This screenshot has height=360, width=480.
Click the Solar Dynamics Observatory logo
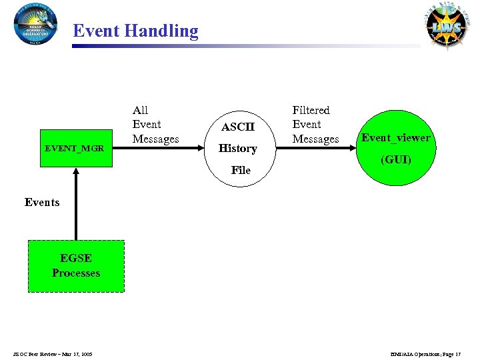point(36,24)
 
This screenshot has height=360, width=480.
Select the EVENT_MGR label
point(74,148)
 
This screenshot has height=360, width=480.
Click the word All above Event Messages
point(140,110)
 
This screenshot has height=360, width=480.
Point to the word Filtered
point(311,110)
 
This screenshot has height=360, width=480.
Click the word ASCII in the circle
point(238,127)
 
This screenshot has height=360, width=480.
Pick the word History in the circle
point(238,148)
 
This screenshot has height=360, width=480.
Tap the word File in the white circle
point(241,170)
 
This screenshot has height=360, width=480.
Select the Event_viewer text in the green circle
point(396,138)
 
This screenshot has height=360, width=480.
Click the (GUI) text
point(396,160)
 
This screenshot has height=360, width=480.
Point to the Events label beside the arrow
point(42,202)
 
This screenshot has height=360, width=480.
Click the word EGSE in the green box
point(76,258)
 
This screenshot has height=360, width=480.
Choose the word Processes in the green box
point(76,273)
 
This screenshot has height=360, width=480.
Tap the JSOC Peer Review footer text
point(52,353)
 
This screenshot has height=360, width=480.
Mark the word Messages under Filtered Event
point(315,139)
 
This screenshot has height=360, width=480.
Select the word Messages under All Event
point(155,139)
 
